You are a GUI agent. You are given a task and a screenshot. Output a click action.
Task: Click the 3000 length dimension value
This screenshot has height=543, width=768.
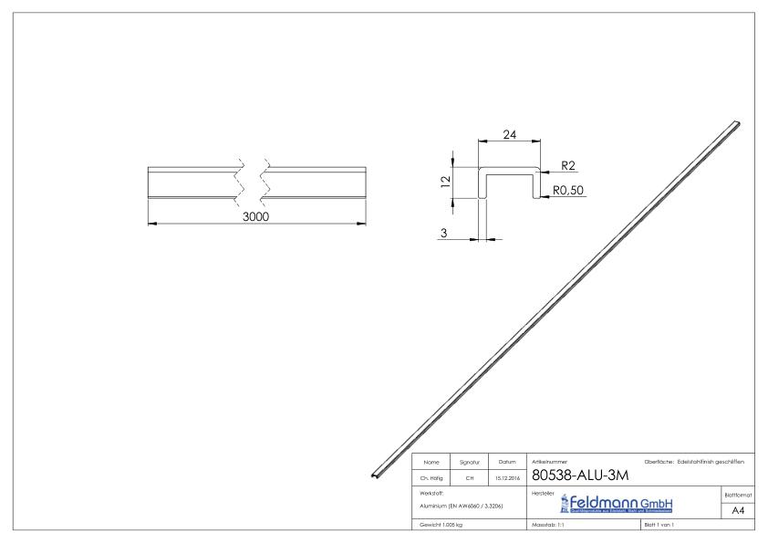[x=256, y=216]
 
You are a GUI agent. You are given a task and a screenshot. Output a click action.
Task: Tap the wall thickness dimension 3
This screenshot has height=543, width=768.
[x=444, y=234]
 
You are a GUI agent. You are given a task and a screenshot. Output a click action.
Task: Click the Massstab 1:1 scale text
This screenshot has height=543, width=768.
[x=549, y=526]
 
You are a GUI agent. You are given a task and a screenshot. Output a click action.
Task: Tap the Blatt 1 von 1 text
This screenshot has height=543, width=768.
[x=661, y=526]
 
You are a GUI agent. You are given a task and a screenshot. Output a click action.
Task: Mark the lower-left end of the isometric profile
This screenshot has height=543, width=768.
[x=376, y=473]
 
